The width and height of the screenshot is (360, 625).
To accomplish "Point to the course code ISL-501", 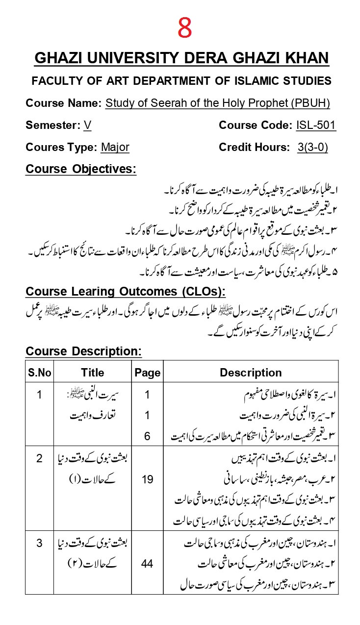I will click(x=316, y=125).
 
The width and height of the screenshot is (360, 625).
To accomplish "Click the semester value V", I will click(x=87, y=125).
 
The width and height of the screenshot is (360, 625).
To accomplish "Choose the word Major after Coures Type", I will click(x=115, y=148).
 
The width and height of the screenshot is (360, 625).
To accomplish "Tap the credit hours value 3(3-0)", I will click(x=312, y=148).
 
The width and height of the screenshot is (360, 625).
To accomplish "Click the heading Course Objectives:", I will click(x=81, y=170).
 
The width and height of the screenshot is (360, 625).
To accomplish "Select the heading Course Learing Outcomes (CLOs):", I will click(x=126, y=292).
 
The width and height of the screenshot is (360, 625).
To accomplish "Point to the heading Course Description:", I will click(x=83, y=351).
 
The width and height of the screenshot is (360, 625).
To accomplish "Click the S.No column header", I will click(x=40, y=373).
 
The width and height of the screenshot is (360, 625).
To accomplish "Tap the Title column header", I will click(x=93, y=373).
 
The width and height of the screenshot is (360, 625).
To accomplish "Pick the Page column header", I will click(x=147, y=373).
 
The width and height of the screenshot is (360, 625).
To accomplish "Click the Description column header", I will click(x=251, y=373).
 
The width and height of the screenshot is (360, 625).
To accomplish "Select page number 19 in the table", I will click(x=147, y=479).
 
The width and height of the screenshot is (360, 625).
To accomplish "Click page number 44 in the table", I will click(x=147, y=564).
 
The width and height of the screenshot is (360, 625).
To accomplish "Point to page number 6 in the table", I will click(x=147, y=436).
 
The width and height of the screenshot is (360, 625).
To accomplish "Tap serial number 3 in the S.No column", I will click(x=40, y=543).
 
